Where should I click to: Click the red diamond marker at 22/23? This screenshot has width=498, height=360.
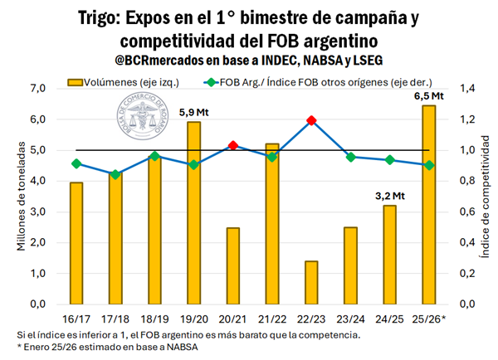311,120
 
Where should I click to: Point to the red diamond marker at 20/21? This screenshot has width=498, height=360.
233,145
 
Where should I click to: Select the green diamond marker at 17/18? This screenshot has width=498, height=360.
115,174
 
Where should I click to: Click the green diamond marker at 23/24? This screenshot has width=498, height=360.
350,157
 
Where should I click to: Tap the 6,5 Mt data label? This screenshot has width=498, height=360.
428,96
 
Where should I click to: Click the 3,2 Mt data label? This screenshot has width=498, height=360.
389,196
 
